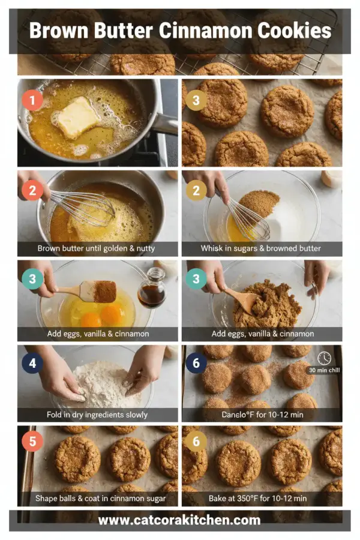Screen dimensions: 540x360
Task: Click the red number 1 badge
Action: [x=32, y=100]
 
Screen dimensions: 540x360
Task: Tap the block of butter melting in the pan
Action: [x=77, y=117]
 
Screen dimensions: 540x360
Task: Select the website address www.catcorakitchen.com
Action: [x=179, y=520]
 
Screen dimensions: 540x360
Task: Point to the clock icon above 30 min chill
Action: [x=324, y=358]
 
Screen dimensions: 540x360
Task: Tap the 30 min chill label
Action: [x=324, y=370]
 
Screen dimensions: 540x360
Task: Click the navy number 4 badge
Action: [x=32, y=363]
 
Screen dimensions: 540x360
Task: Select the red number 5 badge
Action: [x=32, y=442]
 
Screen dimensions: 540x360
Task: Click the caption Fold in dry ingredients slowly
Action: [x=97, y=415]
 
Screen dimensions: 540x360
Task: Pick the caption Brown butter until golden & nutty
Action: [x=97, y=248]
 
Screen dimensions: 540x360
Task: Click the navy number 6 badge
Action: [x=196, y=363]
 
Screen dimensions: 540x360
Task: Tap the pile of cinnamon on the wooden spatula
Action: [x=106, y=291]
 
